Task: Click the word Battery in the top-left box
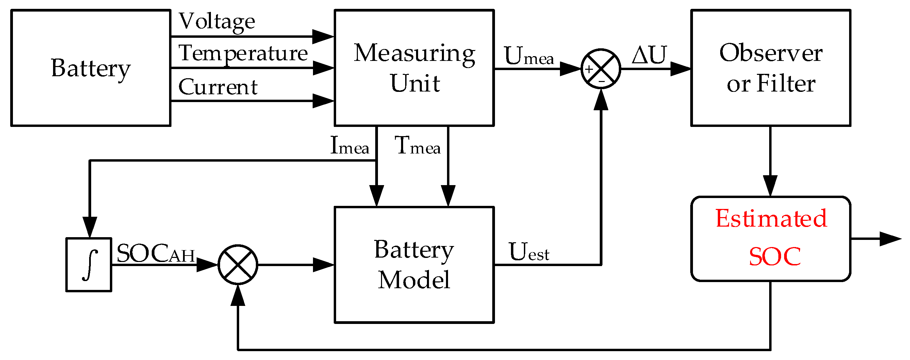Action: [91, 68]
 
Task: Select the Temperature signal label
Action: [243, 54]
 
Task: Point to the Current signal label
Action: [218, 87]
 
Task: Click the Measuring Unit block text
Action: [414, 68]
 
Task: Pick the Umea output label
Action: [528, 56]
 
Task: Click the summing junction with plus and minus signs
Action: [600, 68]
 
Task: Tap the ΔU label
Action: [649, 55]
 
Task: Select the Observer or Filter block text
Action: [771, 68]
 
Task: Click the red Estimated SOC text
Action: [771, 238]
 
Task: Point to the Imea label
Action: [349, 146]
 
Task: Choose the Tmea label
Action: [417, 146]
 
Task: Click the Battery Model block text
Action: [414, 264]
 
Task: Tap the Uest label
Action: [528, 252]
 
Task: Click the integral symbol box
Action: [89, 265]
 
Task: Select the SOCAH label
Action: [155, 253]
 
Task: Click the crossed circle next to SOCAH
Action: [238, 264]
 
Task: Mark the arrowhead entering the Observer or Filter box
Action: [680, 68]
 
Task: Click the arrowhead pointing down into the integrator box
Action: [90, 227]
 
